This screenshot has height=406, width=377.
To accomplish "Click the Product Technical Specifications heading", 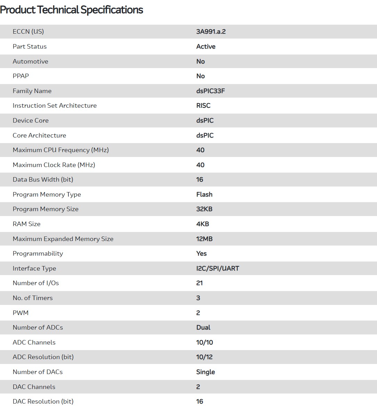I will point(72,10).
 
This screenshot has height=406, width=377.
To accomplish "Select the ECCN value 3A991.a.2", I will point(211,32).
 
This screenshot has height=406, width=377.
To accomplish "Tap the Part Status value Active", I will point(206,47).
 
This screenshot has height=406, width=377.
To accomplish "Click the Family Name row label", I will point(32,91).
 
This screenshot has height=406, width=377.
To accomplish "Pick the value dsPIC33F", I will point(211,91).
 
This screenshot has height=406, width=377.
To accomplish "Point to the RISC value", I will point(203,106).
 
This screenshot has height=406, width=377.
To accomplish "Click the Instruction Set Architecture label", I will point(55,106).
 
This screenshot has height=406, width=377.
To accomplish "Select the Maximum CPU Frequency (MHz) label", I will point(61,150).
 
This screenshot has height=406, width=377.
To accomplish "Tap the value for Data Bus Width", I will point(200,180).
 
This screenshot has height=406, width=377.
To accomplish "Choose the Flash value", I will point(204,194).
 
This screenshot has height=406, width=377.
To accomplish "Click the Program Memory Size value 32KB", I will point(204,209).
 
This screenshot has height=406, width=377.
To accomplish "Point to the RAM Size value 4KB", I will point(203,224).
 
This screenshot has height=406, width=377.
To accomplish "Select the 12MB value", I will point(204,239).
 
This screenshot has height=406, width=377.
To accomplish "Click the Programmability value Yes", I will point(202,254).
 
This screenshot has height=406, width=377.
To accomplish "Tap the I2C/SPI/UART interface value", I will point(218,268).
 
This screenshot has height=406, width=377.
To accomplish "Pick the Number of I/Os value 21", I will point(199,283).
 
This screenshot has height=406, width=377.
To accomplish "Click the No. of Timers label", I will point(33,298).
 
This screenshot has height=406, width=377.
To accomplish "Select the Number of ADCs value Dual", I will point(203,328).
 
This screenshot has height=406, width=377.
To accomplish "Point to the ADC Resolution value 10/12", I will point(204,357).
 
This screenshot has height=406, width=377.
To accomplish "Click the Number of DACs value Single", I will point(205,372).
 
